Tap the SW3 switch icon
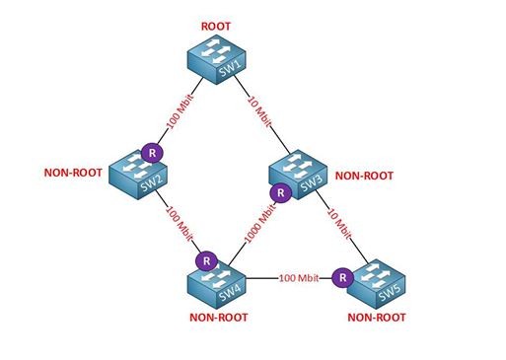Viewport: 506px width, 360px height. pos(298,175)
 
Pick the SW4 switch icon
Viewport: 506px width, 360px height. pos(217,284)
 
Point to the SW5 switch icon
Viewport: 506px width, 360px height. pos(376,284)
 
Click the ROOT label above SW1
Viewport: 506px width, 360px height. pos(216,27)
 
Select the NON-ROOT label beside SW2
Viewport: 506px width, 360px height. pos(73,173)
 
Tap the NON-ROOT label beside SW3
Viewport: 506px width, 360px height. pos(364,176)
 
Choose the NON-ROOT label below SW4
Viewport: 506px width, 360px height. pos(219,318)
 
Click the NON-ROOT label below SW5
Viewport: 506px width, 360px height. pos(377,318)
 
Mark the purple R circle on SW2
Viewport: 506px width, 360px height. pos(152,153)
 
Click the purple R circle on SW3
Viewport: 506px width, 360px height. pos(280,192)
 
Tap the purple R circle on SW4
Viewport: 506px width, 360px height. pos(206,261)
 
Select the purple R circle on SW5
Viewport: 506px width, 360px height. pos(342,277)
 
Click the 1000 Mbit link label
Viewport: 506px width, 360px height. pos(260,223)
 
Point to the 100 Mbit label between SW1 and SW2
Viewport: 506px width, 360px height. pos(180,111)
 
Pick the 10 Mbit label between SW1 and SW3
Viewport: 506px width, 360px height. pos(259,111)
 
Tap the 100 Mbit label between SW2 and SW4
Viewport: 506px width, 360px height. pos(179,224)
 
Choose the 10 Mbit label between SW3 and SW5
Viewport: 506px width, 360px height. pos(339,223)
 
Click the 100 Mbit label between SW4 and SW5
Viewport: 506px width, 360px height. pos(299,278)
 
